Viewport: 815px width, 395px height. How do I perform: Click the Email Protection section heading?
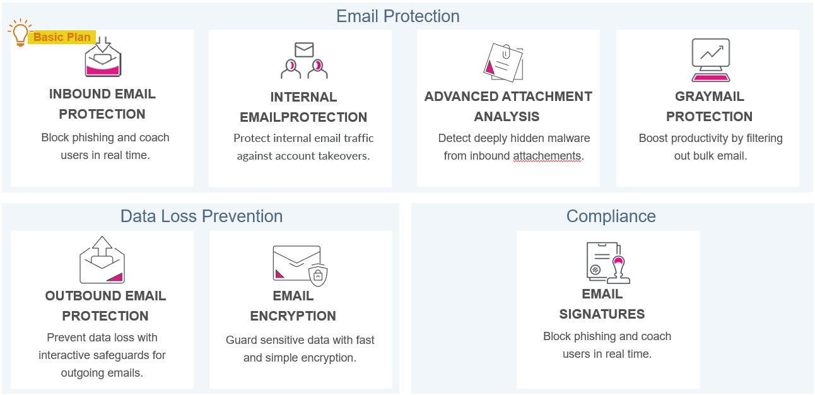(x=397, y=16)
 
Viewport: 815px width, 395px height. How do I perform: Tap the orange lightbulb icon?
(x=20, y=33)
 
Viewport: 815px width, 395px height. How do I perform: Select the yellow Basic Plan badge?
(x=62, y=37)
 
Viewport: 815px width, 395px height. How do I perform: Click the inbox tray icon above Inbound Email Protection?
(x=103, y=60)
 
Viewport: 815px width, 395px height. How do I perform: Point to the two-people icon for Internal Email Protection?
(x=304, y=61)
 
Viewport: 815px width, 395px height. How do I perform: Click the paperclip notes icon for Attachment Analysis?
(x=503, y=62)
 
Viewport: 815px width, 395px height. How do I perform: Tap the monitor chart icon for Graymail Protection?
(x=710, y=60)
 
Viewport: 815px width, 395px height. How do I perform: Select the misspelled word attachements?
(x=546, y=156)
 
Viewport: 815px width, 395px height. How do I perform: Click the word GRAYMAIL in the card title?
(x=710, y=97)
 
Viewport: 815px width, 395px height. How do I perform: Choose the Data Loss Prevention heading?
(x=201, y=216)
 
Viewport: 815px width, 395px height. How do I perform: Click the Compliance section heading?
(x=611, y=216)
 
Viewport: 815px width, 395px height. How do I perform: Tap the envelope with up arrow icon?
(x=102, y=259)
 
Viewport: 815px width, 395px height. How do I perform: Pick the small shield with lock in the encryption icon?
(x=318, y=274)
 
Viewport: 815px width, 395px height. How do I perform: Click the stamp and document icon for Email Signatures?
(x=608, y=262)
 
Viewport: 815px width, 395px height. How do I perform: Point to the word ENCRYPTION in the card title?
(x=293, y=316)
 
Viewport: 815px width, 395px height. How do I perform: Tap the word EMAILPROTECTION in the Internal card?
(x=303, y=117)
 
